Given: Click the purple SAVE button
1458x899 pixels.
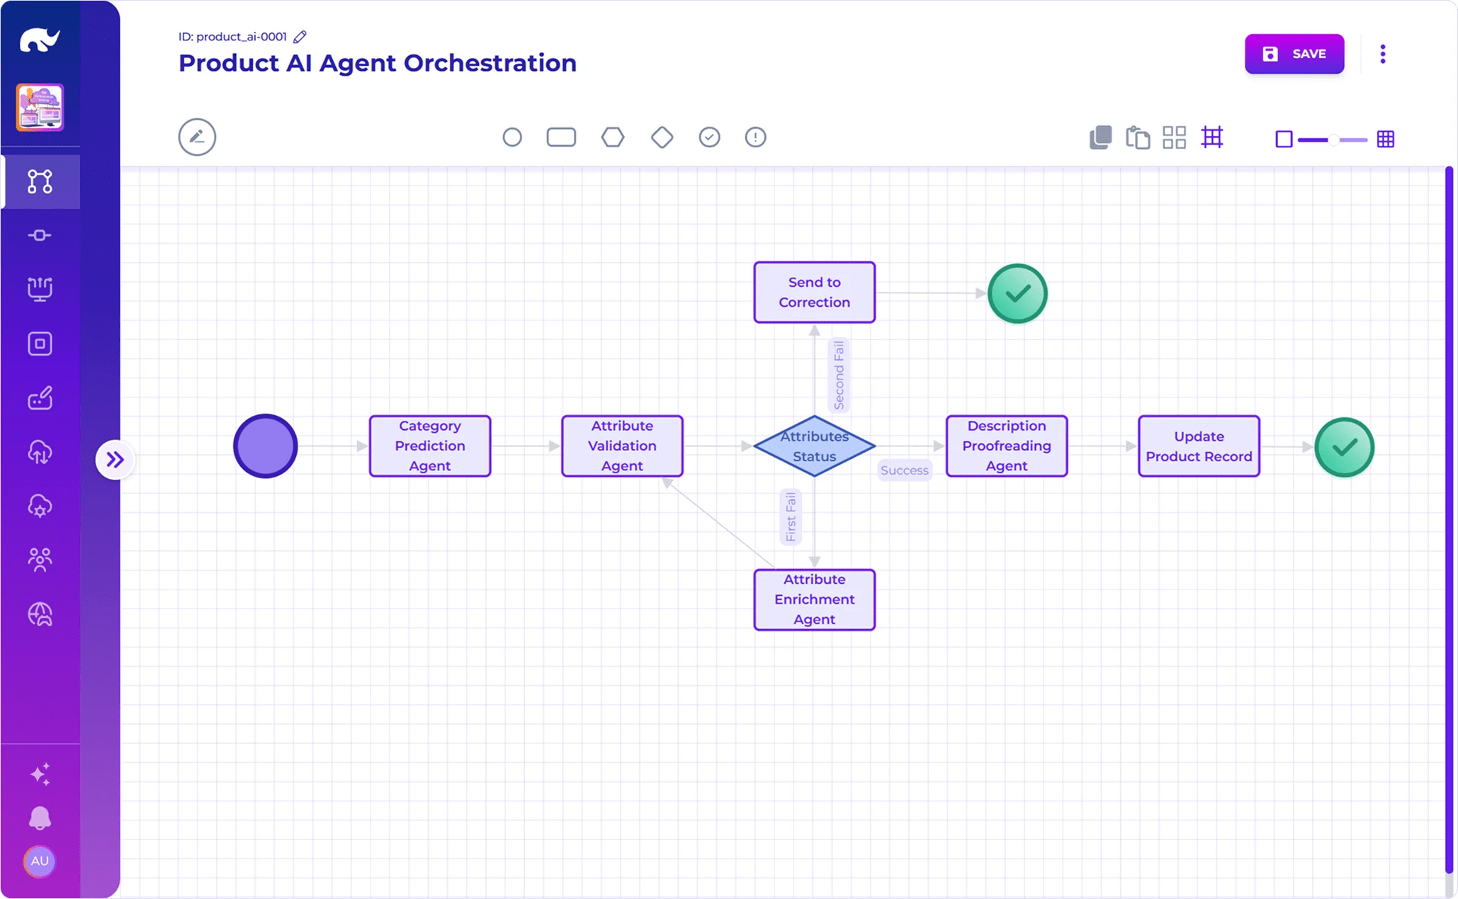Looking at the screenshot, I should (1294, 54).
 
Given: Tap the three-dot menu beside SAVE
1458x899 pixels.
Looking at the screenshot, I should (1382, 54).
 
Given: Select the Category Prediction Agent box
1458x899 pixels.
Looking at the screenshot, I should (429, 446).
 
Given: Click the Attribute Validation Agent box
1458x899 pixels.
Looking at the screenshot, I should (621, 446).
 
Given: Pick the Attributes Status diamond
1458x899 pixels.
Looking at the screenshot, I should (814, 446).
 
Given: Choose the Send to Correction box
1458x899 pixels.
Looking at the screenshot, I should (814, 292).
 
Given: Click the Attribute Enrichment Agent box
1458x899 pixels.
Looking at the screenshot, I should (814, 599).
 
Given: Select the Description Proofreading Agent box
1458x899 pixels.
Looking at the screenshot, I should (1006, 446).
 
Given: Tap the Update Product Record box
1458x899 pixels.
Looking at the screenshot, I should (1198, 446).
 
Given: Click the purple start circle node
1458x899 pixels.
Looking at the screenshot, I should (266, 446).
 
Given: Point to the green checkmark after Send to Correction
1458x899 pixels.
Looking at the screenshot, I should (1017, 293).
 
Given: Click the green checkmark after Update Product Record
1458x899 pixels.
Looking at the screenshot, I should (1344, 447).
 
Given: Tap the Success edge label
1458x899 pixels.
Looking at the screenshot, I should (904, 470).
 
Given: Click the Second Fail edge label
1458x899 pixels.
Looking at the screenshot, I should (839, 375).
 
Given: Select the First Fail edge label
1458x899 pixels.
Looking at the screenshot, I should (791, 516).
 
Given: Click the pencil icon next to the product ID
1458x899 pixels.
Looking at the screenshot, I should (300, 37).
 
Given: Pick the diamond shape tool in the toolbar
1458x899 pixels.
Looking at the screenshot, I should (662, 137).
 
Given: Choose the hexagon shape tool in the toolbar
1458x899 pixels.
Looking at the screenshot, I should (612, 137).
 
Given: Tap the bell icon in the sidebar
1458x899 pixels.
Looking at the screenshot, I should (40, 818).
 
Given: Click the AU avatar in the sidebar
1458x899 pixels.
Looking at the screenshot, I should (40, 861).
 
